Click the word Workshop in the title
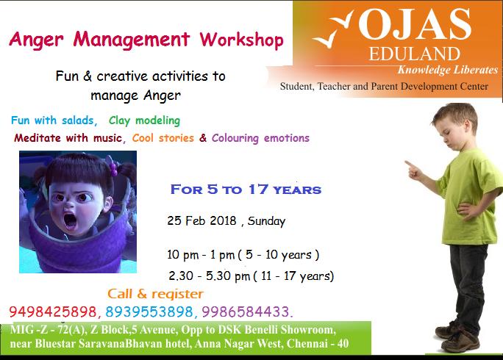click(x=241, y=40)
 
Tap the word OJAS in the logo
click(x=415, y=24)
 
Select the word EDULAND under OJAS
click(x=415, y=54)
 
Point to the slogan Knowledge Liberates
click(x=448, y=70)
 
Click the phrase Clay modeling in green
click(x=144, y=120)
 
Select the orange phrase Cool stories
click(x=163, y=138)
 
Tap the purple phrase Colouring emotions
click(x=260, y=138)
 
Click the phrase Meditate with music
click(x=68, y=138)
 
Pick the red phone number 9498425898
click(x=53, y=312)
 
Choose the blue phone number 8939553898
click(x=149, y=312)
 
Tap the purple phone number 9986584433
click(x=246, y=312)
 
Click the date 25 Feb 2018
click(x=201, y=220)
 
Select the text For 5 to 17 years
click(x=246, y=190)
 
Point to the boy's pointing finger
click(x=409, y=164)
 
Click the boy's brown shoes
click(x=459, y=336)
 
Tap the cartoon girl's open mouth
click(x=70, y=221)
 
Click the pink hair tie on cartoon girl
click(x=113, y=169)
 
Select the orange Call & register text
click(x=155, y=294)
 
